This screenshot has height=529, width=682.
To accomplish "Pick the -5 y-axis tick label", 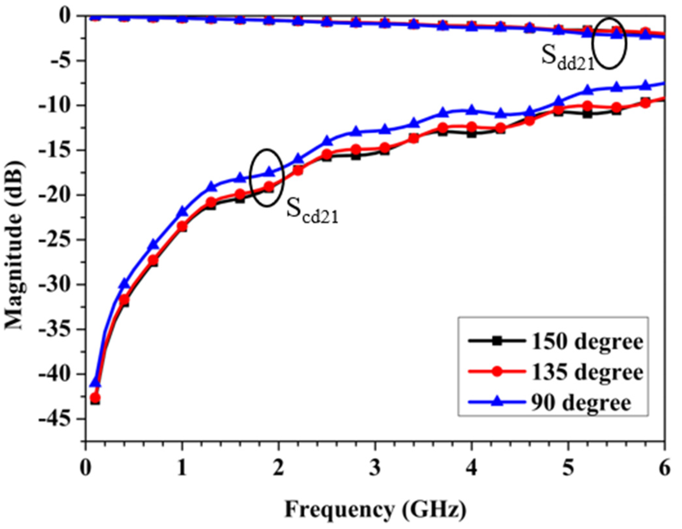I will [x=64, y=61].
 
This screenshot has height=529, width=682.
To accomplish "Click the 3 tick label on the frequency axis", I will [x=375, y=468].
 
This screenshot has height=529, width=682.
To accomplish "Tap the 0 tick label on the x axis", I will [x=86, y=468].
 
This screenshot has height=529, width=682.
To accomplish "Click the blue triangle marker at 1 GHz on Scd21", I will [x=182, y=211].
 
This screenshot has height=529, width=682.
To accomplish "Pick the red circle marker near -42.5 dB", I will [x=95, y=398].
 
